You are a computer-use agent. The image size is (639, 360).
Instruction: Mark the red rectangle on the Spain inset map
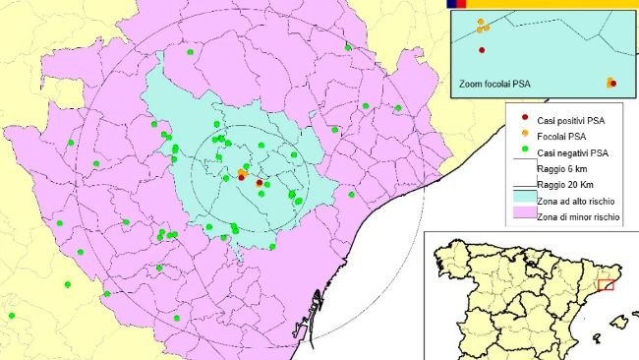pos(606,285)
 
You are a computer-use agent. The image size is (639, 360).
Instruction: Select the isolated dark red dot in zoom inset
pos(482,49)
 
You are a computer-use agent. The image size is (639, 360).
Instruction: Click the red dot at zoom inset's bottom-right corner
pos(613,83)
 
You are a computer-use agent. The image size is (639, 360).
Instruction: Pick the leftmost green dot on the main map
pos(12,316)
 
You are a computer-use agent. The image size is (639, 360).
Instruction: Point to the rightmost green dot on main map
pos(398,108)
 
